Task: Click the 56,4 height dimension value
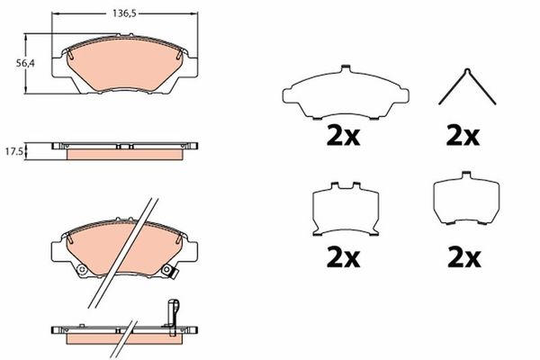(x=25, y=63)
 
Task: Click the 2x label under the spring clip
(x=463, y=136)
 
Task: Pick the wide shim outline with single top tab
(x=346, y=93)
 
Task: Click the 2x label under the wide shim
(x=343, y=136)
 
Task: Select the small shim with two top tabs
(x=346, y=209)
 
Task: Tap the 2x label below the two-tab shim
(x=343, y=257)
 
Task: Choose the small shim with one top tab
(x=466, y=198)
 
